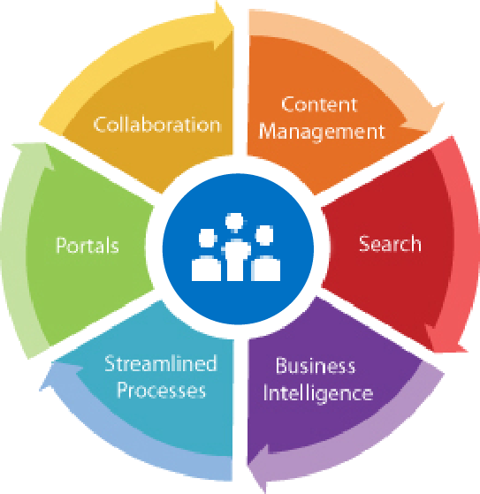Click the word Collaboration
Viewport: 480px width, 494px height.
[x=156, y=125]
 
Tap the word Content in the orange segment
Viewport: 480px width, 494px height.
[x=319, y=104]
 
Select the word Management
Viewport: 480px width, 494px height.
[x=322, y=132]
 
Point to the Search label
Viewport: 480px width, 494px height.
[x=390, y=244]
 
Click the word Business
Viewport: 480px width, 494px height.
[x=316, y=366]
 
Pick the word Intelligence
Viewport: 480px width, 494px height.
[x=318, y=393]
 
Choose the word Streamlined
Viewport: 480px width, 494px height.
[x=161, y=363]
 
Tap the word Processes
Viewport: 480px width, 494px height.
[x=162, y=390]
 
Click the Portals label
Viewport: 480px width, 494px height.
[x=88, y=245]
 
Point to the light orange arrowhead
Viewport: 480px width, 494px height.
[x=425, y=118]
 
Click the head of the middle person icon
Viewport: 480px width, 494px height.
[x=234, y=222]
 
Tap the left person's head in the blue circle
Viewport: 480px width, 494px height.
[x=208, y=238]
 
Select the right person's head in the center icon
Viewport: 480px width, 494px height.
[x=263, y=235]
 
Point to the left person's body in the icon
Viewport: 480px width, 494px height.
[x=206, y=269]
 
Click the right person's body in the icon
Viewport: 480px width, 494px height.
[x=266, y=269]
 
